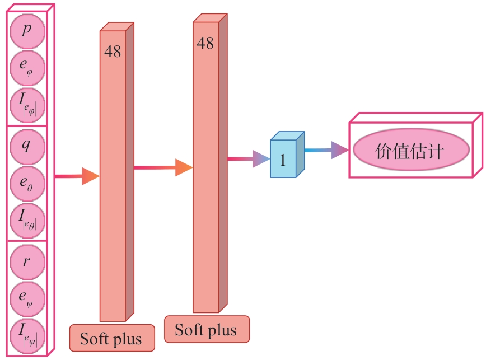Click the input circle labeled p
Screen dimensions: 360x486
click(26, 29)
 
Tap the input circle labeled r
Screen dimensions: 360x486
click(26, 261)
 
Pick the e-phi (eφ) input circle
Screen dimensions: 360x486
click(26, 67)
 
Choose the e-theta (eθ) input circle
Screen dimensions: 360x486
click(26, 183)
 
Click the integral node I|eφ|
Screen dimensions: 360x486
click(26, 105)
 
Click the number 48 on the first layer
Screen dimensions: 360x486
click(112, 52)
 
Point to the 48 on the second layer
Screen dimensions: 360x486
click(205, 43)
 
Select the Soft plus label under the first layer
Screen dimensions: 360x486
click(111, 339)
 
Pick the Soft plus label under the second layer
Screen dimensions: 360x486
click(206, 329)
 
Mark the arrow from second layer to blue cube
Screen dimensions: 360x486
click(249, 160)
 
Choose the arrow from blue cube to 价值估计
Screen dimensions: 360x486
click(327, 150)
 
